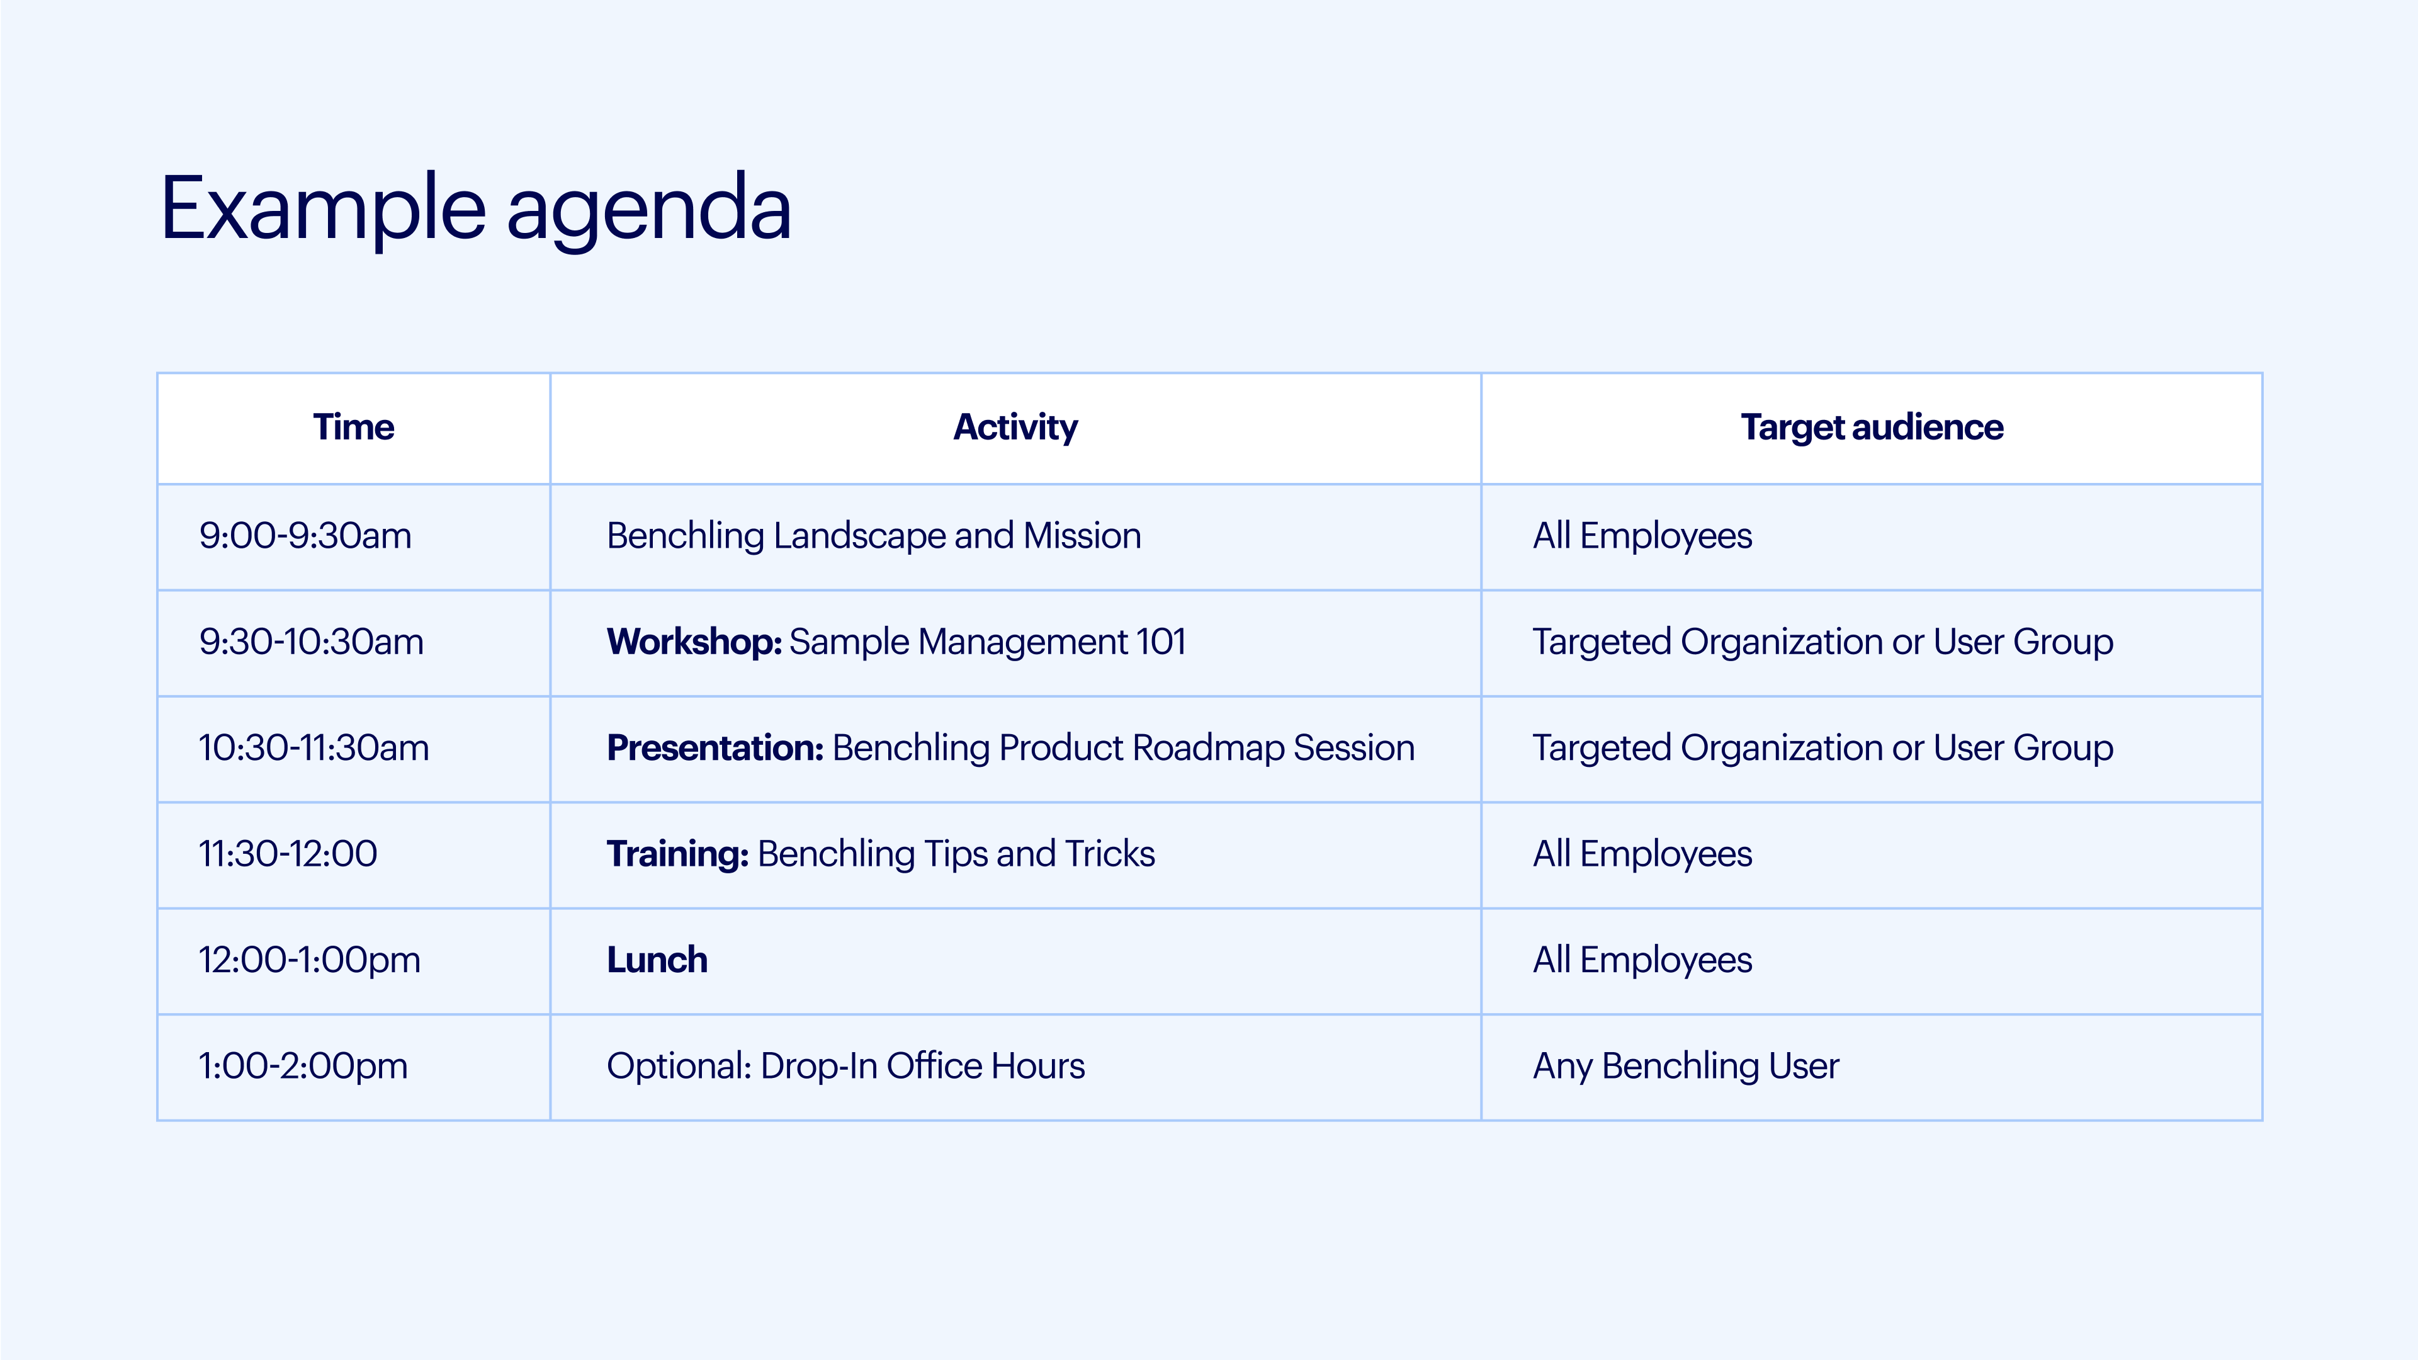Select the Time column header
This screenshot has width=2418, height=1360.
pyautogui.click(x=353, y=427)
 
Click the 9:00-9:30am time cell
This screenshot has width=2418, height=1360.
pyautogui.click(x=305, y=536)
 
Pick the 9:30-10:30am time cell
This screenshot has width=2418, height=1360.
pyautogui.click(x=311, y=642)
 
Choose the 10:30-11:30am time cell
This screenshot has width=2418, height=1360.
pyautogui.click(x=314, y=748)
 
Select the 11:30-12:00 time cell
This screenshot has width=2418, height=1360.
pyautogui.click(x=287, y=854)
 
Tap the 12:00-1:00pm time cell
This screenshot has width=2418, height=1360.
pyautogui.click(x=309, y=961)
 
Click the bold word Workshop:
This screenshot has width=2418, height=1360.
pyautogui.click(x=694, y=642)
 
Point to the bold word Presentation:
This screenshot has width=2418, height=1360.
pyautogui.click(x=715, y=748)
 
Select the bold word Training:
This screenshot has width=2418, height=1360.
pyautogui.click(x=678, y=855)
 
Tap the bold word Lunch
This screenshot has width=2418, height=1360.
pyautogui.click(x=657, y=960)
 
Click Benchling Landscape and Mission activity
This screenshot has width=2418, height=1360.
pyautogui.click(x=874, y=536)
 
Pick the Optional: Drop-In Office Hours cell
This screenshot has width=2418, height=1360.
pyautogui.click(x=845, y=1066)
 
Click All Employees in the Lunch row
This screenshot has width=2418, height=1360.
pyautogui.click(x=1642, y=961)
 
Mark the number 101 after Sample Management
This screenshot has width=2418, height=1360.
pyautogui.click(x=1160, y=642)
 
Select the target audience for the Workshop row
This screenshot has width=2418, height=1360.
pyautogui.click(x=1823, y=643)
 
